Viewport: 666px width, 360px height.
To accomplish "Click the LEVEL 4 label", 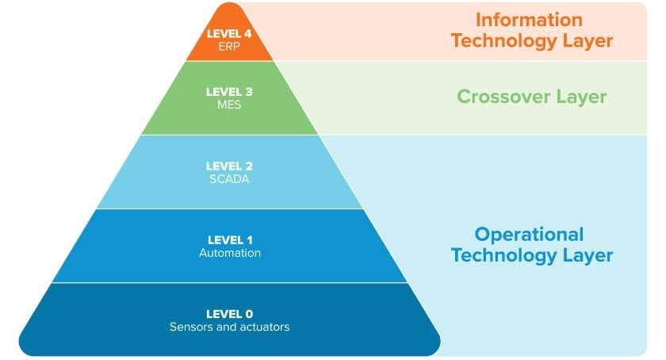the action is [229, 33].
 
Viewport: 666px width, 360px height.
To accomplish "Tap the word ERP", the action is [229, 46].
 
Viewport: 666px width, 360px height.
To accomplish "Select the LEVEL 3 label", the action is [229, 92].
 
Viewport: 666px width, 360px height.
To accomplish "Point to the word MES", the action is [229, 105].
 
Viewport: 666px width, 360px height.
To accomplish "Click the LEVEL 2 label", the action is [229, 167].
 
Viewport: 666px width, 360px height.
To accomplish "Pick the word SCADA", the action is [229, 179].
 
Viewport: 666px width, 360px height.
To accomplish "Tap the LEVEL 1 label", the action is [230, 240].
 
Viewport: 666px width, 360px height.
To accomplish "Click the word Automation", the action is [230, 253].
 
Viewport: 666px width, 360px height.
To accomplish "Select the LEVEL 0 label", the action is [229, 314].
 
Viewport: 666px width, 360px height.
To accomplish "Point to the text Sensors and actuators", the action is [229, 327].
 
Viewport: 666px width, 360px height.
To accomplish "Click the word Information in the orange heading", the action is [529, 20].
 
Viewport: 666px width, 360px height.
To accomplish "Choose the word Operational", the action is [529, 235].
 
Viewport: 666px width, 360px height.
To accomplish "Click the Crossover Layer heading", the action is [531, 97].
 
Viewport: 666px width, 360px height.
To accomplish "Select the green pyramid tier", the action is [229, 98].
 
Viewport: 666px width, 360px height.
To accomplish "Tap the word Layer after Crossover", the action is [581, 98].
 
